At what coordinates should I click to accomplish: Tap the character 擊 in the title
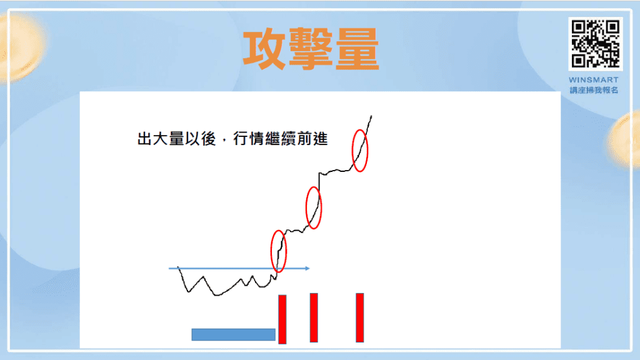[311, 49]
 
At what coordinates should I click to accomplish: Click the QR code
[594, 44]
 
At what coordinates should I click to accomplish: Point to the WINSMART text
[594, 80]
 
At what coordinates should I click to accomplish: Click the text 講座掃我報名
[594, 90]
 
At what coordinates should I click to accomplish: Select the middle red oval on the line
[314, 207]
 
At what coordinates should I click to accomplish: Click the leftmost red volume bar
[282, 319]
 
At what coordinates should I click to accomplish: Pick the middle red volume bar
[314, 317]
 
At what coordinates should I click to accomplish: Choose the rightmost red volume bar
[359, 317]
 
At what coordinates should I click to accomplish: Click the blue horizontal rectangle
[233, 334]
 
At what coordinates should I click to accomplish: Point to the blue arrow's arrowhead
[307, 269]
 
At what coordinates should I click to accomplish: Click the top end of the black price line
[372, 116]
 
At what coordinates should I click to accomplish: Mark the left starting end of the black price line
[179, 267]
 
